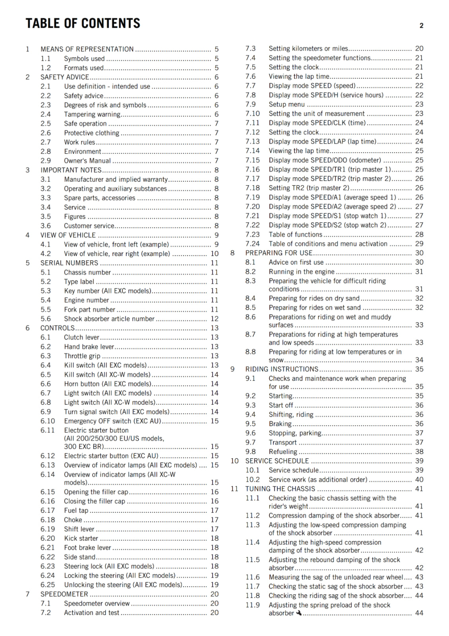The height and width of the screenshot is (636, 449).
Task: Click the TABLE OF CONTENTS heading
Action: coord(83,23)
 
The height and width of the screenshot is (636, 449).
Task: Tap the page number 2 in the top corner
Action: coord(421,26)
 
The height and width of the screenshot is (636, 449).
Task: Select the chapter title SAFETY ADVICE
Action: coord(65,77)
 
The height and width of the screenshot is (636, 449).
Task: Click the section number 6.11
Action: coord(47,430)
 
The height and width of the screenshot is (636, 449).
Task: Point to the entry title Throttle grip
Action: coord(82,356)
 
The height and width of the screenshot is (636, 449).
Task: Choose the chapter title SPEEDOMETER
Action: coord(64,594)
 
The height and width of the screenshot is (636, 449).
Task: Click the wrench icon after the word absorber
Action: coord(299,613)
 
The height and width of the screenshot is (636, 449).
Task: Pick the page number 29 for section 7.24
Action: coord(419,244)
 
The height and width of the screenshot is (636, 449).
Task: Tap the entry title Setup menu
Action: coord(286,104)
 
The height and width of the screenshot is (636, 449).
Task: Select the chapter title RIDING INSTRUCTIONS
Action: coord(282,369)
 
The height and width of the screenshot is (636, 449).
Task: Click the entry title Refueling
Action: coord(283,452)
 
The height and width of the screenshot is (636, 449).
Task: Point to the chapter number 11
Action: coord(234,489)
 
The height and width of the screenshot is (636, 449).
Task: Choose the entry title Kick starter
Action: coord(81,538)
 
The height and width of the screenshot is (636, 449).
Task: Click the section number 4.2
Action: coord(46,254)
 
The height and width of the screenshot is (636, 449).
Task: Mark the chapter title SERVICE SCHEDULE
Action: coord(277,461)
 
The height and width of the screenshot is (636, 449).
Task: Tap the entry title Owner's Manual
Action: coord(87,161)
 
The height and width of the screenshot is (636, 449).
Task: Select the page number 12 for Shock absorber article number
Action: coord(215,318)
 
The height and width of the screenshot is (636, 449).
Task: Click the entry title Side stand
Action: coord(79,557)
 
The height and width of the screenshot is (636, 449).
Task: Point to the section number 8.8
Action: coord(250,352)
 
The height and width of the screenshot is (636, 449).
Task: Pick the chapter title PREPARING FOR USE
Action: coord(279,253)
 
